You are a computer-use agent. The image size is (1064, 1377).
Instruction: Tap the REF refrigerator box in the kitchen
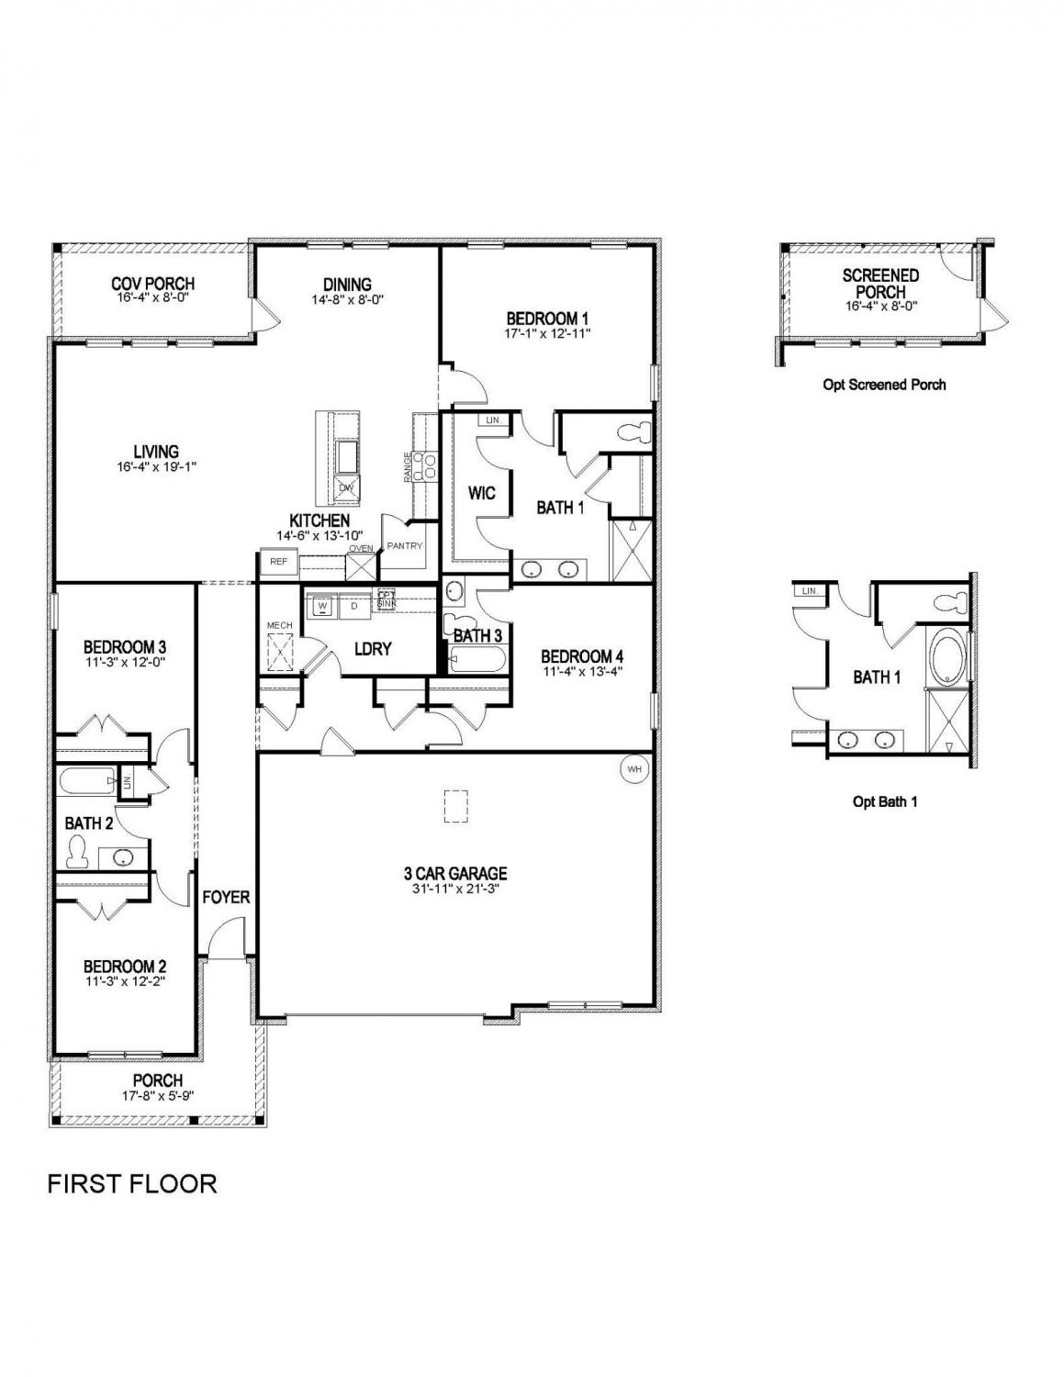(278, 561)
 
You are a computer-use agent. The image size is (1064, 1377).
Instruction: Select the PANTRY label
(405, 546)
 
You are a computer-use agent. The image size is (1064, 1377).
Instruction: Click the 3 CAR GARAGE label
(455, 873)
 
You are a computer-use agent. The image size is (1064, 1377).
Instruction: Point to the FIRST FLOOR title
(132, 1183)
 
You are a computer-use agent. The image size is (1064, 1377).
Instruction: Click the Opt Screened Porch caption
(883, 385)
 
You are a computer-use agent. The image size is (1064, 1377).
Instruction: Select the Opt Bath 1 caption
(884, 801)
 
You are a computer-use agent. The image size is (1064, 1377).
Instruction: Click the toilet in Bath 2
(78, 854)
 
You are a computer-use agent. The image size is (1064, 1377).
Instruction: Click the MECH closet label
(279, 625)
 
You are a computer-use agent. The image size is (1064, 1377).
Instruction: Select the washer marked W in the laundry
(322, 606)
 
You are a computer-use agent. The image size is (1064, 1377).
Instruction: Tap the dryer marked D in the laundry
(353, 606)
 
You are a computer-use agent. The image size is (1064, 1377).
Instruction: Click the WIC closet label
(481, 494)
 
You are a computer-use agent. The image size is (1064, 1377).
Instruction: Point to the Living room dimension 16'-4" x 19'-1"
(155, 466)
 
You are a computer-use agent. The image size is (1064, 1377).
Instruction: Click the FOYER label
(226, 897)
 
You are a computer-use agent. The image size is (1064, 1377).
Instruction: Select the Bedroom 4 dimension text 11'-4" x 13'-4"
(582, 671)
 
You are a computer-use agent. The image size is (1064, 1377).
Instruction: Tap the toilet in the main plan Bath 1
(633, 430)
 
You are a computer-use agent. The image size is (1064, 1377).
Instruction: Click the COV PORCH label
(152, 284)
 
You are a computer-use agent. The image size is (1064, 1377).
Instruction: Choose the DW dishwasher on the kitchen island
(347, 488)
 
